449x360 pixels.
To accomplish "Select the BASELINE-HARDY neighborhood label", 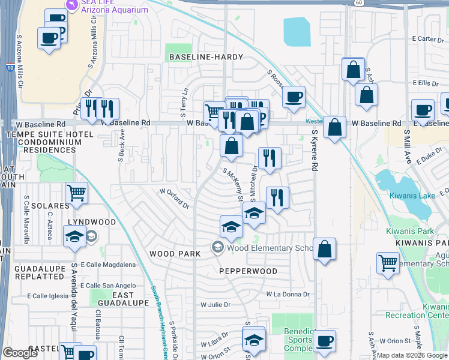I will coord(206,57).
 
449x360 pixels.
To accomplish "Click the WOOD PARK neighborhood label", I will coord(175,254).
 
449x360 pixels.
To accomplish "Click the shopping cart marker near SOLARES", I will coord(76,194).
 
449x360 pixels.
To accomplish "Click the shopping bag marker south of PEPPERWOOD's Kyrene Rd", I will coord(324,250).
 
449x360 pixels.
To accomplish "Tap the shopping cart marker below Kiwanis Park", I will coord(388,262).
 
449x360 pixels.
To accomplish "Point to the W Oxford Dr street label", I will coord(174,199).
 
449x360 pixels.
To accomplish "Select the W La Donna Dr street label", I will coord(291,294).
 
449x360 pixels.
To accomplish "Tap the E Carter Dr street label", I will coord(427,39).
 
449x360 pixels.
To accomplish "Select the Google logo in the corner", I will coord(20,353).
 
